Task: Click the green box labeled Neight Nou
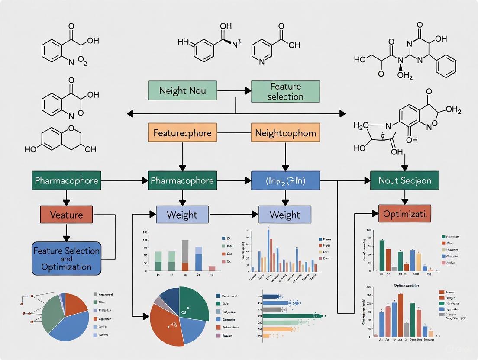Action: click(x=182, y=91)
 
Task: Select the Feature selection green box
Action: click(x=285, y=91)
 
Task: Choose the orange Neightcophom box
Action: click(x=285, y=133)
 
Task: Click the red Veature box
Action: click(x=66, y=214)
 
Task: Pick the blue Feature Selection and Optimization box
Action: click(x=66, y=259)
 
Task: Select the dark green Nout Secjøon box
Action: click(x=404, y=180)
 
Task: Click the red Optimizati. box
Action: click(x=405, y=214)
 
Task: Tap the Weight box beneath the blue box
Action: click(x=284, y=215)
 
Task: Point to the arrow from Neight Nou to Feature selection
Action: click(x=234, y=91)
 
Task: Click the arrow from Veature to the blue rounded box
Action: click(x=66, y=232)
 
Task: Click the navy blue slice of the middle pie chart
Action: click(x=170, y=297)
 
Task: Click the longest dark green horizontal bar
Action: click(x=292, y=316)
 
